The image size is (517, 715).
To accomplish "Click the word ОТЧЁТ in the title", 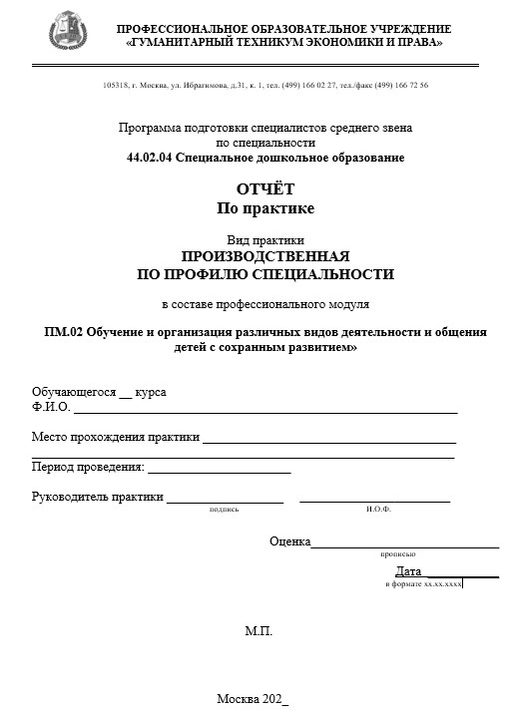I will tap(265, 188).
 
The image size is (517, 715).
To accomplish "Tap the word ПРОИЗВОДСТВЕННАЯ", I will tap(265, 255).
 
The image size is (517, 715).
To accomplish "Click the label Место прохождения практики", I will tap(115, 437).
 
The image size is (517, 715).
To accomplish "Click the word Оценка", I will tap(289, 541).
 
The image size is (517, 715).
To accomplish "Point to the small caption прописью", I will tap(397, 553).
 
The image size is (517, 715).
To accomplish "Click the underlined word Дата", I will tap(408, 571).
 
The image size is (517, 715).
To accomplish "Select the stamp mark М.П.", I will tap(258, 631).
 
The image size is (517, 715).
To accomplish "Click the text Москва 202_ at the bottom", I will tap(253, 699).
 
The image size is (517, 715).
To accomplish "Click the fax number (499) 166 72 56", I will tap(400, 86).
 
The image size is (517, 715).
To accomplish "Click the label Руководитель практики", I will tap(97, 497).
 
